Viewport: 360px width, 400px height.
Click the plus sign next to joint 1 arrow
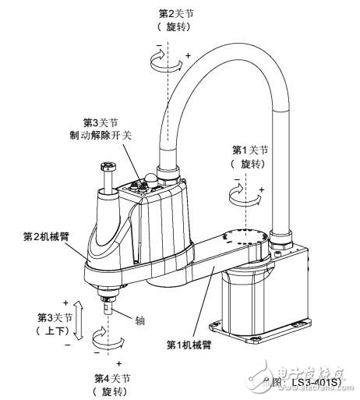pyautogui.click(x=261, y=189)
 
